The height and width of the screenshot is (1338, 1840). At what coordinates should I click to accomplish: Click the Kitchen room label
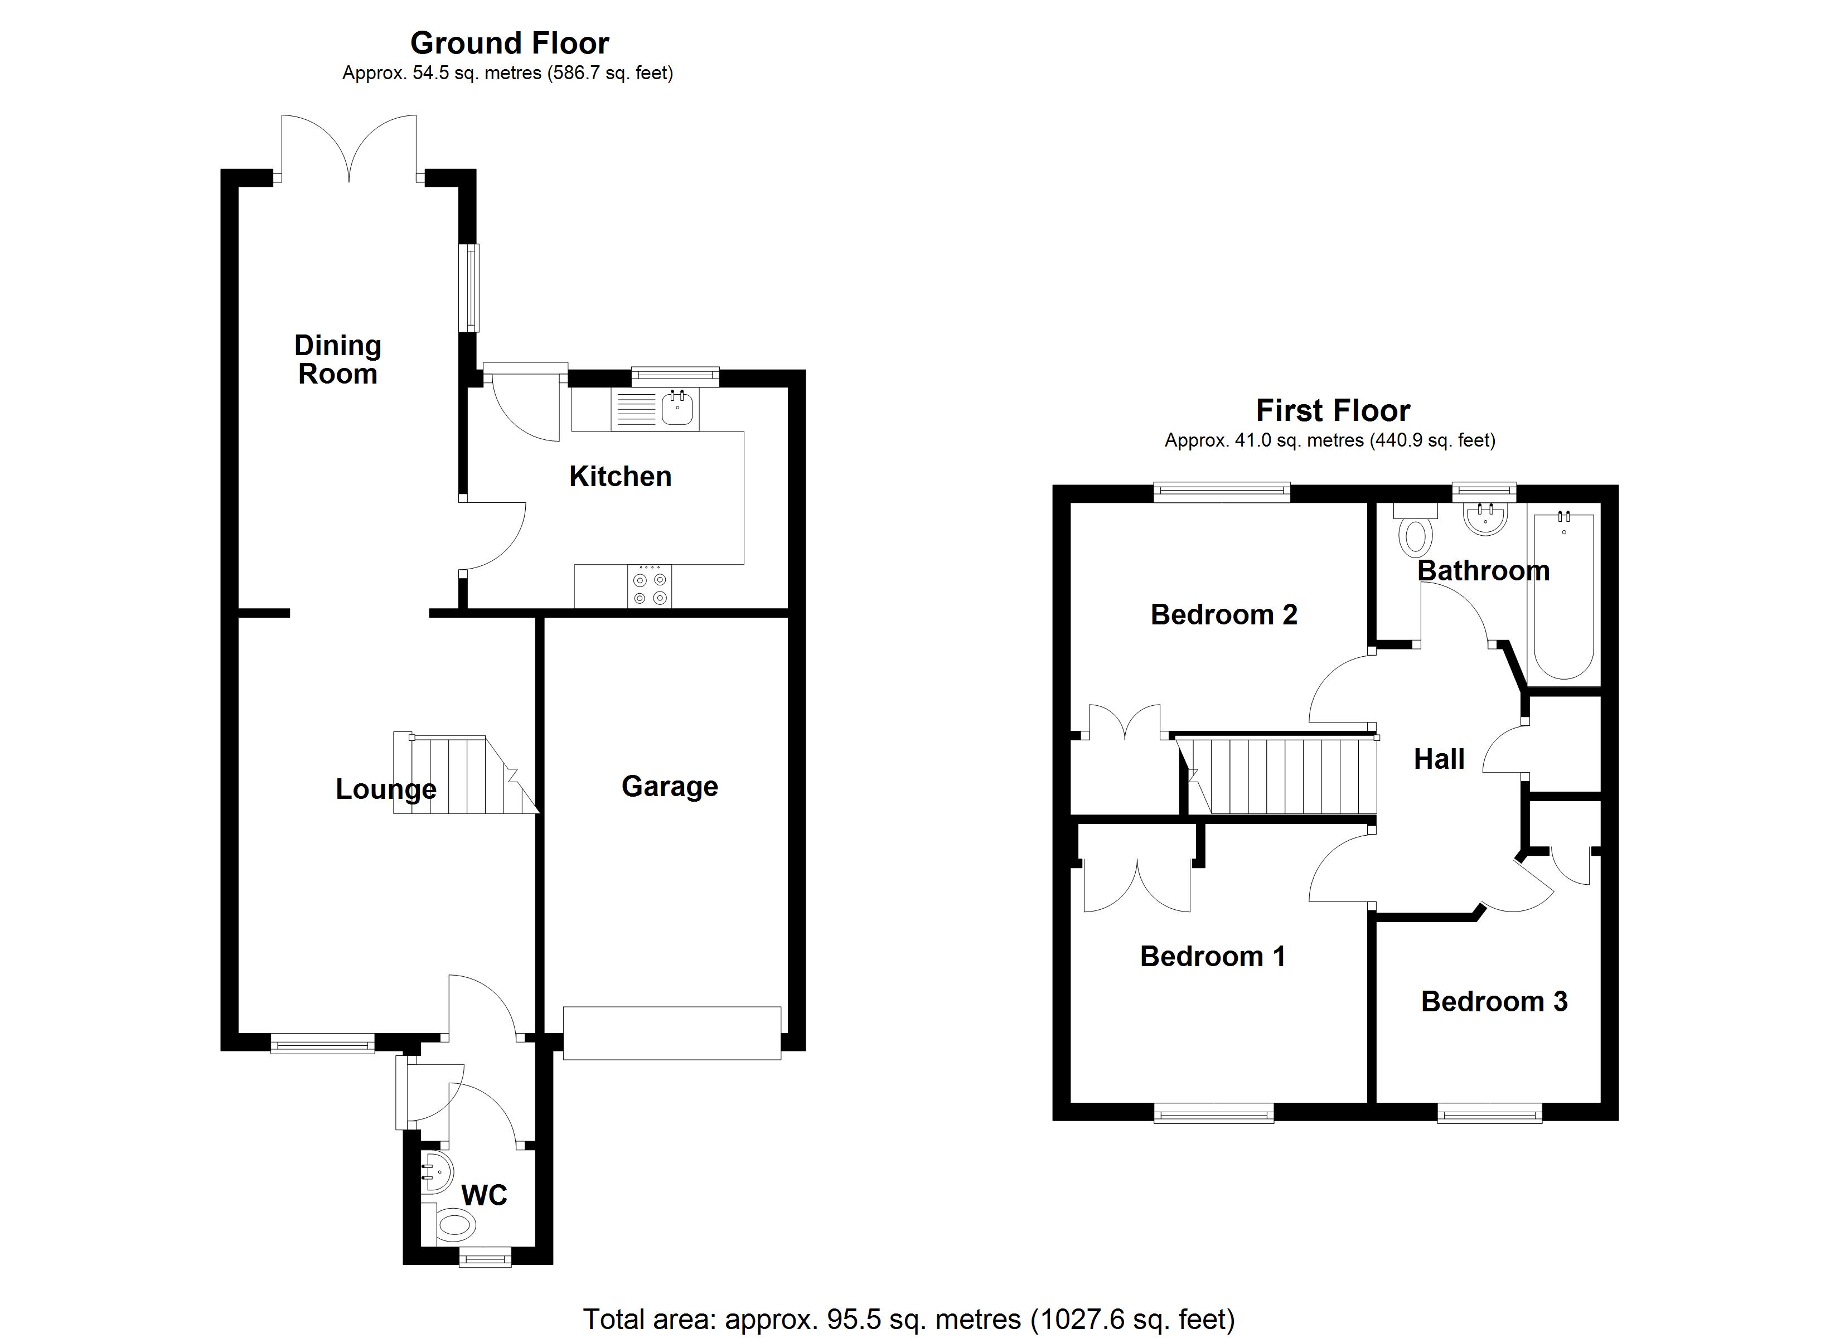click(x=620, y=476)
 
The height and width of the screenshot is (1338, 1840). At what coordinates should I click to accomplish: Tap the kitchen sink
click(x=676, y=408)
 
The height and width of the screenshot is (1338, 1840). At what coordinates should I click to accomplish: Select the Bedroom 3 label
click(x=1494, y=1001)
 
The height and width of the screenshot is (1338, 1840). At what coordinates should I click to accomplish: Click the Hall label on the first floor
click(x=1439, y=759)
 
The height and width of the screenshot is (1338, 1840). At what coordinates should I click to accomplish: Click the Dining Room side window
click(x=469, y=288)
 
